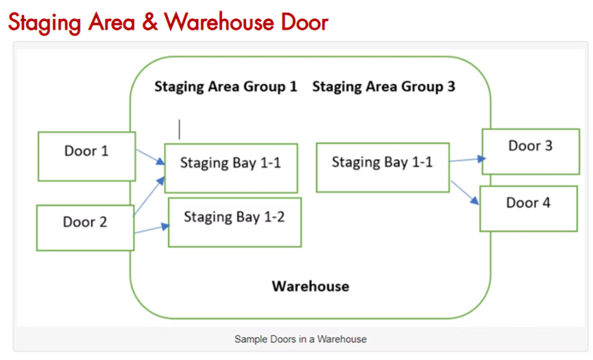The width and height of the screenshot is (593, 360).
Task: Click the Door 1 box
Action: pyautogui.click(x=86, y=156)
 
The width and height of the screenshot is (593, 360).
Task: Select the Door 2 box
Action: pyautogui.click(x=85, y=227)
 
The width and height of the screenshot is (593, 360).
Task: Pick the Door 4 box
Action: pyautogui.click(x=529, y=208)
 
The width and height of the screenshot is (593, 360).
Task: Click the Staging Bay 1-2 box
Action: pyautogui.click(x=234, y=222)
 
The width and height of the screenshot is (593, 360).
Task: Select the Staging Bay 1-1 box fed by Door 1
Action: pyautogui.click(x=231, y=168)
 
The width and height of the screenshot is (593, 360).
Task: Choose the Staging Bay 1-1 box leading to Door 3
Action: pyautogui.click(x=383, y=167)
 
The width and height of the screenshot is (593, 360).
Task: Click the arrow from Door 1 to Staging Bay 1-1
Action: pyautogui.click(x=150, y=157)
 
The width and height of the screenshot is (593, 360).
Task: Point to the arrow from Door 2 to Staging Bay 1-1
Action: pyautogui.click(x=149, y=196)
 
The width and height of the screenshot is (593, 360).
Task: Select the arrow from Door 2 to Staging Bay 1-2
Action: pyautogui.click(x=152, y=229)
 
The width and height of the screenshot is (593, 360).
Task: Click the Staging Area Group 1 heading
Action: pyautogui.click(x=226, y=87)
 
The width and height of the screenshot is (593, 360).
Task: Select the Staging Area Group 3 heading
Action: pyautogui.click(x=383, y=87)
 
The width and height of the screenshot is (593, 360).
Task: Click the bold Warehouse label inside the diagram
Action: pyautogui.click(x=310, y=286)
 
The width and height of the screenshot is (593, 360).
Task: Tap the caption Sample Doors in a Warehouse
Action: pyautogui.click(x=300, y=339)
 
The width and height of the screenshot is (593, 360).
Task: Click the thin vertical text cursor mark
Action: pyautogui.click(x=180, y=129)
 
